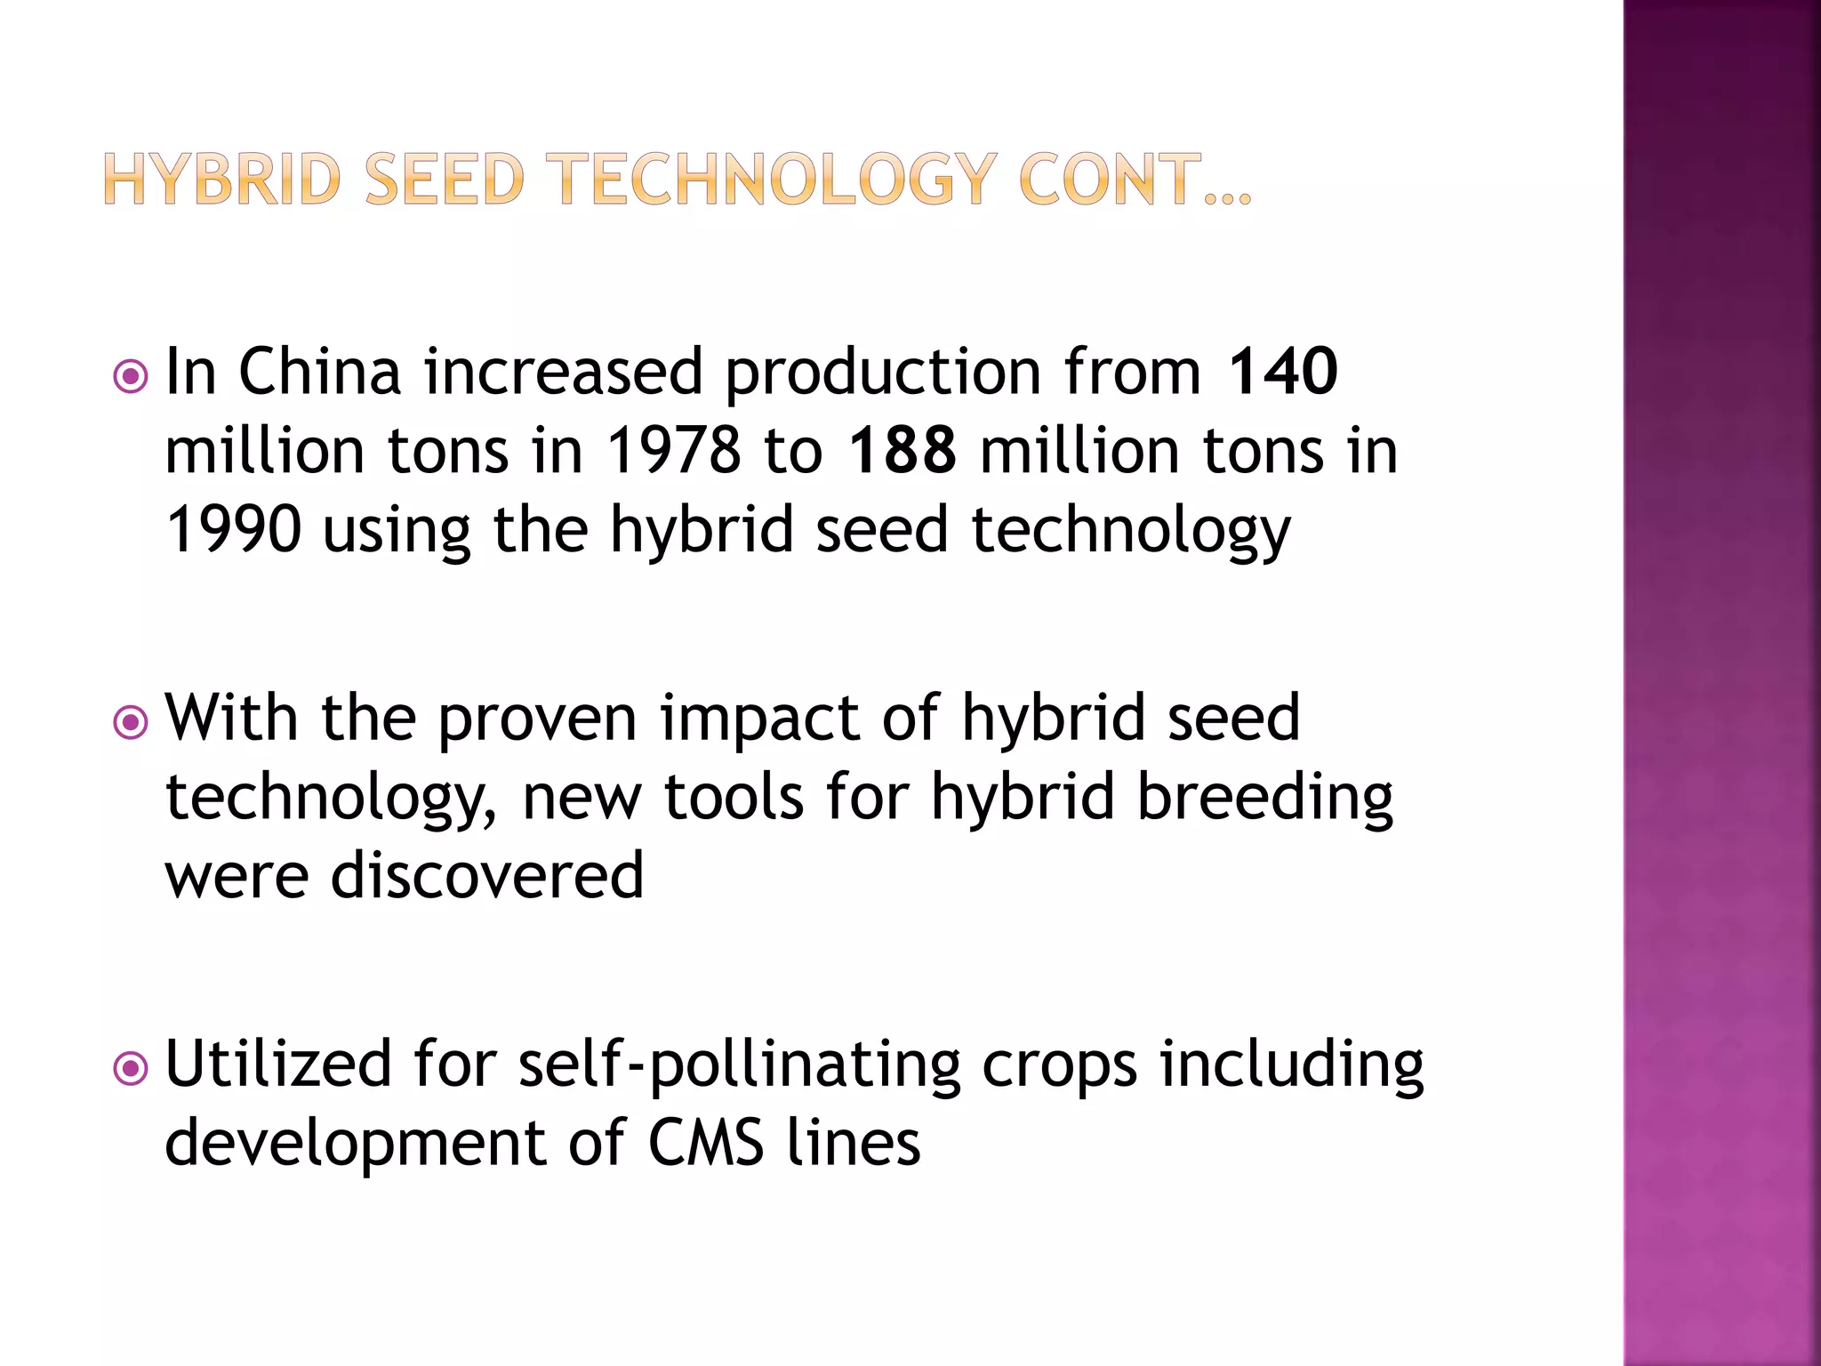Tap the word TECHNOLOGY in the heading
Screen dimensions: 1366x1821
(x=771, y=179)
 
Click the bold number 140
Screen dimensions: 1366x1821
(x=1282, y=371)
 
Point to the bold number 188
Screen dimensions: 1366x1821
(x=902, y=450)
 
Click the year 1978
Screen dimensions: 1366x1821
(x=673, y=450)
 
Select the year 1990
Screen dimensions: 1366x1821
(x=234, y=529)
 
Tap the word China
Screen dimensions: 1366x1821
(x=319, y=371)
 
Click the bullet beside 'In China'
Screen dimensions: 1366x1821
(x=131, y=377)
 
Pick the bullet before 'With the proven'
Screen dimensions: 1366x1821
(x=131, y=723)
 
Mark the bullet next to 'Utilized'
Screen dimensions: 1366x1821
(x=131, y=1069)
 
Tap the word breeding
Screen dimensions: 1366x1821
(x=1265, y=798)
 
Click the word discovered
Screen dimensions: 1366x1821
(x=487, y=875)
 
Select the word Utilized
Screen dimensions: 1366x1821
(x=278, y=1064)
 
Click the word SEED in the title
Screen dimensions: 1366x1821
(x=444, y=179)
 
